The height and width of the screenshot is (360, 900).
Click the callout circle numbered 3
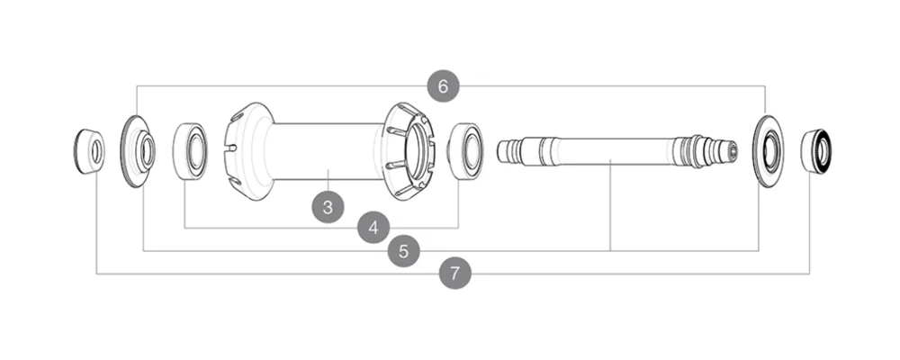pyautogui.click(x=328, y=206)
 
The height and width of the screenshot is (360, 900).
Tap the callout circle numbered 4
pyautogui.click(x=373, y=228)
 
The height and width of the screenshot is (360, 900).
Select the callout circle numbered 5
pyautogui.click(x=403, y=251)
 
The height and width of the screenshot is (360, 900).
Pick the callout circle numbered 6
pyautogui.click(x=442, y=86)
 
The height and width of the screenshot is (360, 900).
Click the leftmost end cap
pyautogui.click(x=88, y=151)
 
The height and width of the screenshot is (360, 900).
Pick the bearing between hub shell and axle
pyautogui.click(x=465, y=150)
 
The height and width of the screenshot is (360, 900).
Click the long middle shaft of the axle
pyautogui.click(x=612, y=150)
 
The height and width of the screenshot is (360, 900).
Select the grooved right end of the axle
pyautogui.click(x=706, y=150)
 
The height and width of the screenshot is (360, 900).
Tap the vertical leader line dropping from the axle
pyautogui.click(x=611, y=207)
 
